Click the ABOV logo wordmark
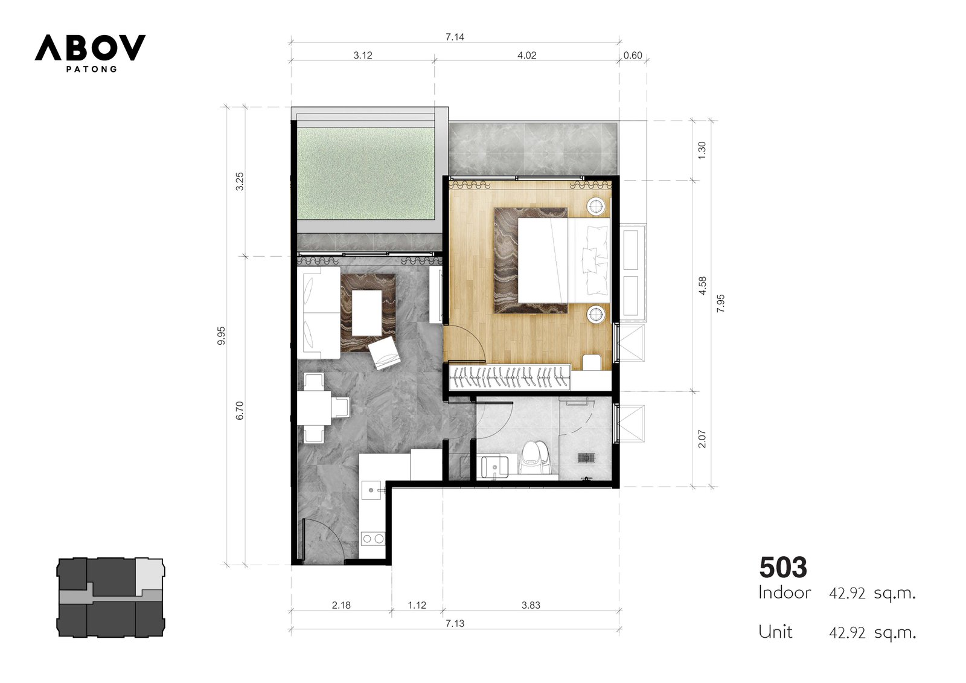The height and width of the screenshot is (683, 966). click(90, 48)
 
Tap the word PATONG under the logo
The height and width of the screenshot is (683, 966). click(91, 69)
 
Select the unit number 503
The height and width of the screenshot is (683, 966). click(782, 568)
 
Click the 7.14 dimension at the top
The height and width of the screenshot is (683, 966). click(455, 37)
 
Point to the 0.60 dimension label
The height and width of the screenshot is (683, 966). click(633, 55)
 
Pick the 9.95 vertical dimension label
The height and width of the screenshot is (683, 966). click(221, 336)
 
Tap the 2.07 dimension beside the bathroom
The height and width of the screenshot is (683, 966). click(702, 439)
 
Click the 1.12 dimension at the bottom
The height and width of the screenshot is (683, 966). click(417, 605)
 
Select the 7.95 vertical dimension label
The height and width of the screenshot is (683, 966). click(721, 304)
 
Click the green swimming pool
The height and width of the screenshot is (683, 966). click(366, 174)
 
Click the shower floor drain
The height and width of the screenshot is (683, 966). click(586, 457)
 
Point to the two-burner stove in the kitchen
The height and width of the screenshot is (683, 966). click(373, 539)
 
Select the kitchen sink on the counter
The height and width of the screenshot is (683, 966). click(371, 490)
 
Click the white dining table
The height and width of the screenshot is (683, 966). click(314, 408)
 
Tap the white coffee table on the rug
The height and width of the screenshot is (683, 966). click(367, 313)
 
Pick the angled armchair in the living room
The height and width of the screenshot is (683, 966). click(384, 353)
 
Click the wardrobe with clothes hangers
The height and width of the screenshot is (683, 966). click(510, 377)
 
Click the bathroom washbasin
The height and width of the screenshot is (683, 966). click(494, 467)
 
